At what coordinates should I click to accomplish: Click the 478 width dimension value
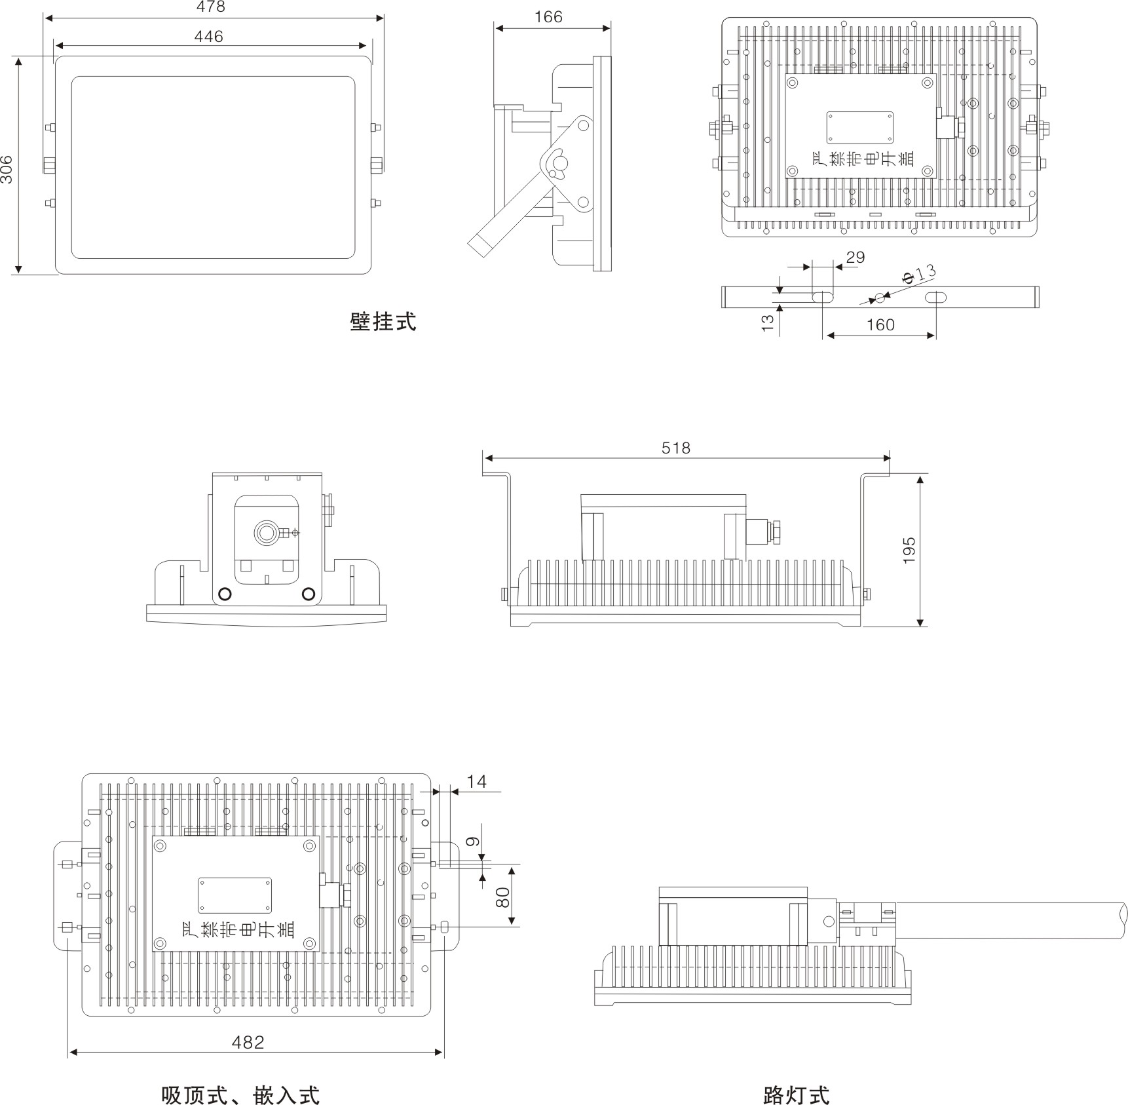point(211,7)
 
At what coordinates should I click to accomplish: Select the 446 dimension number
point(208,37)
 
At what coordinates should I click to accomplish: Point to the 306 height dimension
point(7,169)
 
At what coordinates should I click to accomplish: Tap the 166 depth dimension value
point(548,17)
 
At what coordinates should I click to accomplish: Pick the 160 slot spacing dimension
point(880,325)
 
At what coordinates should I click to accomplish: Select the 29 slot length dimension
point(855,258)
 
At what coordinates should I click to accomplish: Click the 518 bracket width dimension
point(676,448)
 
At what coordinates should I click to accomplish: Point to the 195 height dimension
point(909,551)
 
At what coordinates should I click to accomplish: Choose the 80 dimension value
point(503,897)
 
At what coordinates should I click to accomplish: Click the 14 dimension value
point(477,782)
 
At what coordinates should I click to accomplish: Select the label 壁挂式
point(383,322)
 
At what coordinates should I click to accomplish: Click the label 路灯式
point(797,1095)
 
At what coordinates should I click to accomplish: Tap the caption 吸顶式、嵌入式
point(240,1095)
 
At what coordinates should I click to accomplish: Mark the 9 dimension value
point(474,842)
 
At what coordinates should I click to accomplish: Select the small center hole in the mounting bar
point(880,298)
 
